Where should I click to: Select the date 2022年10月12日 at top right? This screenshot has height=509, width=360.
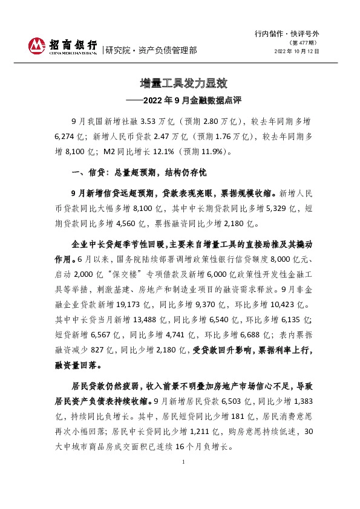click(296, 51)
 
